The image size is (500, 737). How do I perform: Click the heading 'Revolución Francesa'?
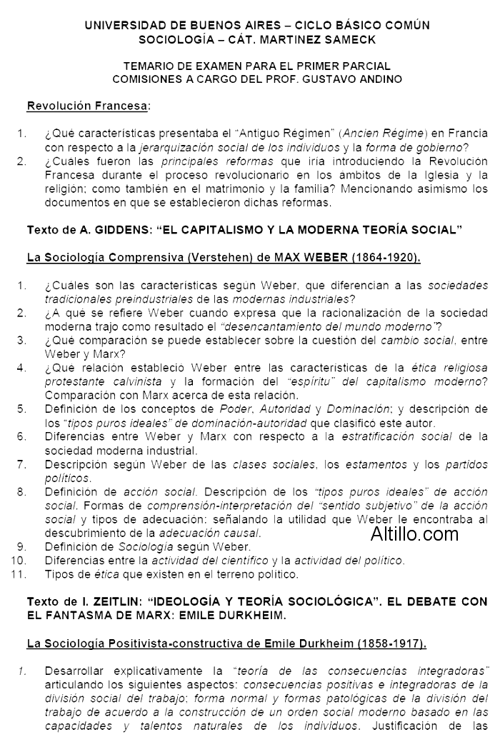point(88,107)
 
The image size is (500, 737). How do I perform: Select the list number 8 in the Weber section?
point(22,492)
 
